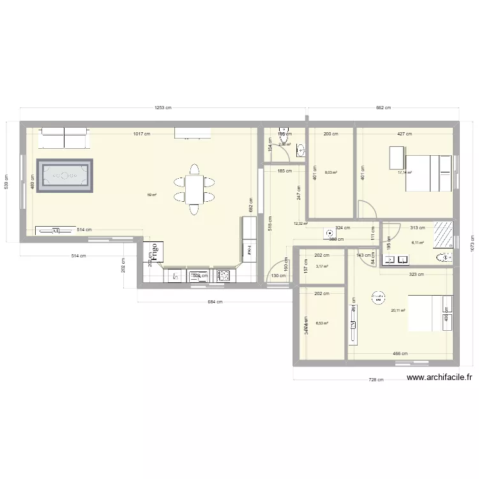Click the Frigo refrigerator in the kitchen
155,253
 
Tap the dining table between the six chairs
194,189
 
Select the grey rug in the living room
65,174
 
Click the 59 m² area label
152,195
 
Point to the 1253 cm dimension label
163,108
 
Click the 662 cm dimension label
383,108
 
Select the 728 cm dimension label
376,380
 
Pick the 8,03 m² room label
331,172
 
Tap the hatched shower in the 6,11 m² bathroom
443,234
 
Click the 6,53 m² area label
321,323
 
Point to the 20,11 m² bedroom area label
398,311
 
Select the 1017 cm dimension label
142,134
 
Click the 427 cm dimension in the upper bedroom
404,134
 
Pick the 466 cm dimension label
400,353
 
